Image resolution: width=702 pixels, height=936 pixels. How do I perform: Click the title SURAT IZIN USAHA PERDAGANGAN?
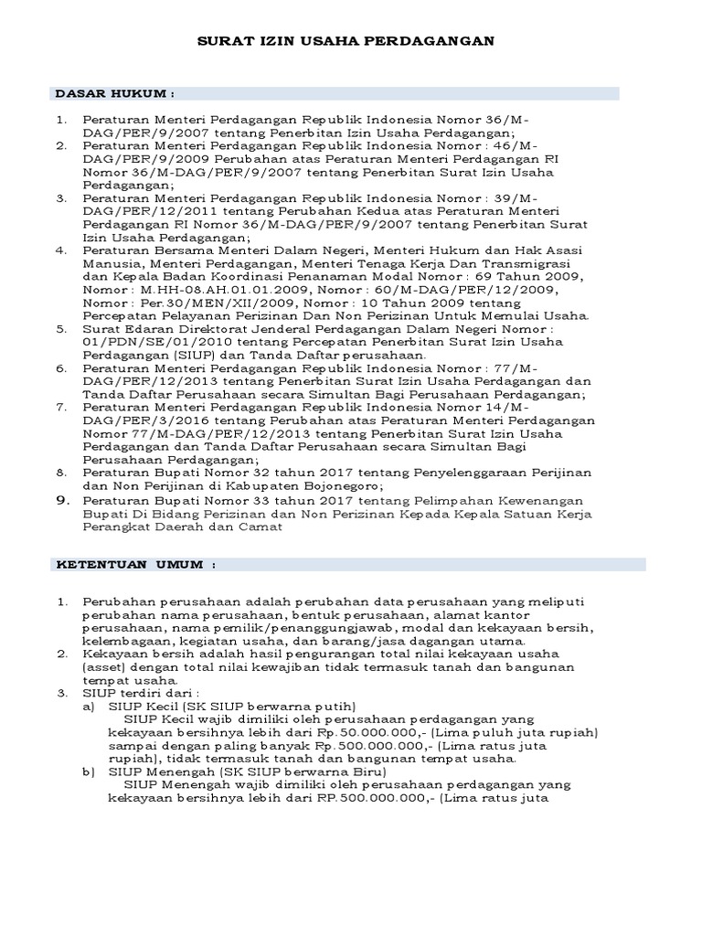[346, 41]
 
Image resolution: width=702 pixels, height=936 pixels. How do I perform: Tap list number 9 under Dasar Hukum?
[62, 501]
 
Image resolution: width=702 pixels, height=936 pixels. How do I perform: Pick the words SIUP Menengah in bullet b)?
[155, 771]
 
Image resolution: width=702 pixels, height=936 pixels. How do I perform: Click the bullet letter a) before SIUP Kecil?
[89, 706]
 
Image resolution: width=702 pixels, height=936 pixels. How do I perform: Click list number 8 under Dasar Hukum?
[62, 473]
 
